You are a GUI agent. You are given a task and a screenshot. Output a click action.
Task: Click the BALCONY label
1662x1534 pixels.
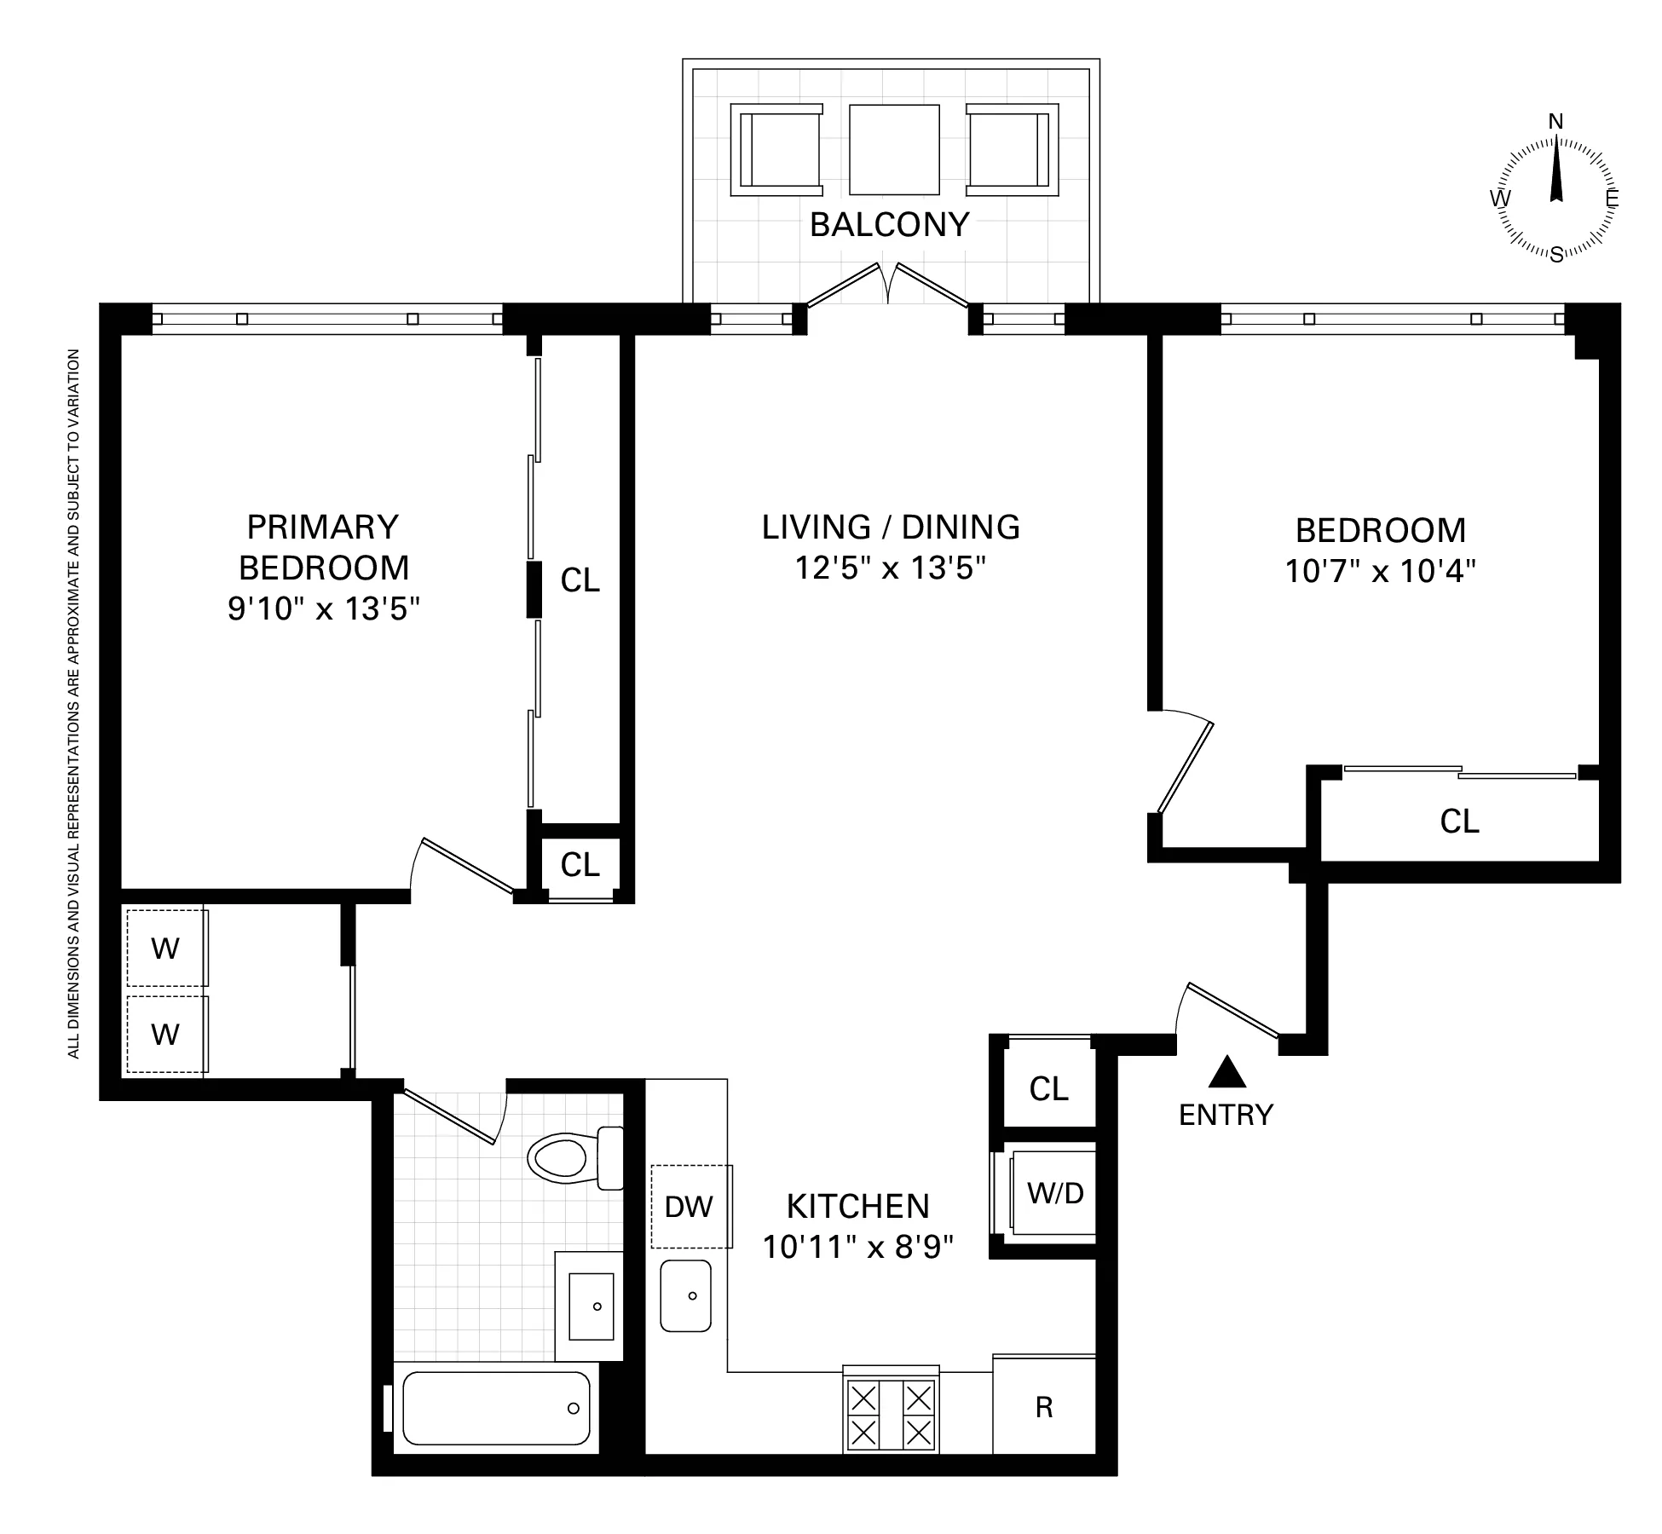coord(889,225)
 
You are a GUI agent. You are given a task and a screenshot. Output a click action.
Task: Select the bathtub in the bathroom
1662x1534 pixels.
coord(496,1408)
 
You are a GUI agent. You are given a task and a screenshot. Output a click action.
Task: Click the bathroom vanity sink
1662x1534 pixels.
coord(591,1306)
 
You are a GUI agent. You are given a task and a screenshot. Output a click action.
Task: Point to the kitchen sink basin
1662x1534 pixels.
coord(685,1295)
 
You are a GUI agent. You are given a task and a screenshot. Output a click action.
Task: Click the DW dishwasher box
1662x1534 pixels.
coord(690,1206)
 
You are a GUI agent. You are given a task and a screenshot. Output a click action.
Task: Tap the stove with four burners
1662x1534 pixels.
coord(891,1416)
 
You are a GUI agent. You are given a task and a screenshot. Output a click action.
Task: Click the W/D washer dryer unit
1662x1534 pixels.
coord(1053,1193)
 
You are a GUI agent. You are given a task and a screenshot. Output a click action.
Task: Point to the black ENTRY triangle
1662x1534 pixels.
coord(1227,1072)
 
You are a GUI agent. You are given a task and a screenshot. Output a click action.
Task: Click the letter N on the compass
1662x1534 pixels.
coord(1555,122)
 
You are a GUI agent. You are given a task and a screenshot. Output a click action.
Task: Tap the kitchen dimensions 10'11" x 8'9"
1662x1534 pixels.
coord(857,1247)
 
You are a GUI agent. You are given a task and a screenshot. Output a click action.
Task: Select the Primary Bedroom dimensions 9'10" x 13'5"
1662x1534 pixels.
coord(324,608)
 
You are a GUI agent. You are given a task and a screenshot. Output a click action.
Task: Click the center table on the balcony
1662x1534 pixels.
coord(894,150)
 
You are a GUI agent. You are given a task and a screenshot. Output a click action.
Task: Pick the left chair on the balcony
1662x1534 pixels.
coord(777,150)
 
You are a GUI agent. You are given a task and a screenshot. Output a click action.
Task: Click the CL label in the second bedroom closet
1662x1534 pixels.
coord(1459,822)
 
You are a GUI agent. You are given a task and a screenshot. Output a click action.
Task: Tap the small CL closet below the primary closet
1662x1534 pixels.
coord(580,865)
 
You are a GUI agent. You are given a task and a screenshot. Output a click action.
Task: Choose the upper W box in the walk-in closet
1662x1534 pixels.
coord(165,949)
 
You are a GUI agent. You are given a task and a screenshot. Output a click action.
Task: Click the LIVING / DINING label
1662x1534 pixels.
coord(891,528)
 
